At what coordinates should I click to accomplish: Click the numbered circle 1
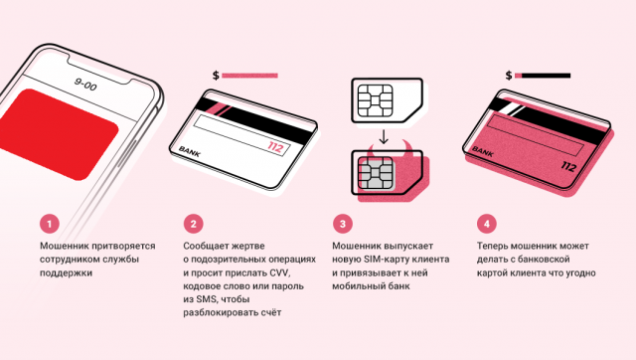coord(50,224)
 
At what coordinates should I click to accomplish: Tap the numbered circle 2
coord(193,224)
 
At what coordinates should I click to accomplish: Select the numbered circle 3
coord(342,224)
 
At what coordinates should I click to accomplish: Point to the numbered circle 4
coord(487,224)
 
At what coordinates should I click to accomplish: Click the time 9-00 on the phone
coord(85,85)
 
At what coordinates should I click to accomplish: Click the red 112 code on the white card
coord(275,147)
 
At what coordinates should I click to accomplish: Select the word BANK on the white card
coord(190,152)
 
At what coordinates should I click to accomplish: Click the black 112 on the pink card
coord(568,166)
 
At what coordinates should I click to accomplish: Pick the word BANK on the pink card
coord(483,152)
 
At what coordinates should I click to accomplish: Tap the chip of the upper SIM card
coord(376,100)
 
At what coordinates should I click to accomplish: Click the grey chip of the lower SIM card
coord(376,173)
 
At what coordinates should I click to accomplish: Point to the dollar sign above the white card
coord(216,76)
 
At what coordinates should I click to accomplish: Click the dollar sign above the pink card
coord(509,76)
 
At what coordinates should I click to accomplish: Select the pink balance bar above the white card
coord(249,76)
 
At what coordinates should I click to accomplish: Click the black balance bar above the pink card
coord(546,76)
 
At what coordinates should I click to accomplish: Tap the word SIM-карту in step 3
coord(385,259)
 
